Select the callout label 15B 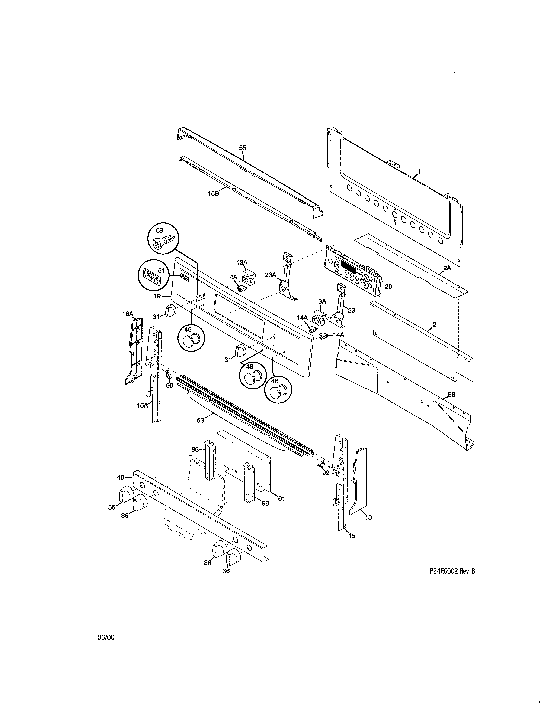tap(213, 194)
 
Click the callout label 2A tap(447, 268)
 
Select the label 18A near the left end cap tap(128, 314)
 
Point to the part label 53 tap(201, 420)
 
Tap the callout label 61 tap(281, 499)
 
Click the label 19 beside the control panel tap(157, 296)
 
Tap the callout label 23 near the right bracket tap(351, 310)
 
